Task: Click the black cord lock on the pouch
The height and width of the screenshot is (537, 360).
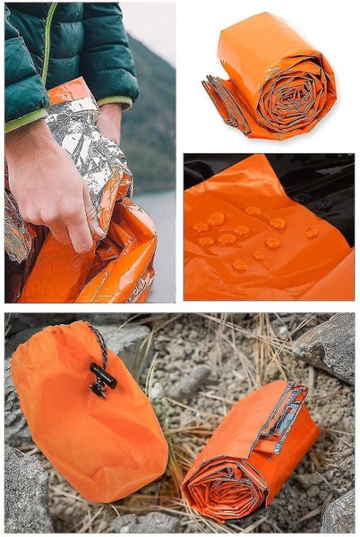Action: pos(102,378)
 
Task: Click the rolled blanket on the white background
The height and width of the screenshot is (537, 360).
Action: pos(272,79)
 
